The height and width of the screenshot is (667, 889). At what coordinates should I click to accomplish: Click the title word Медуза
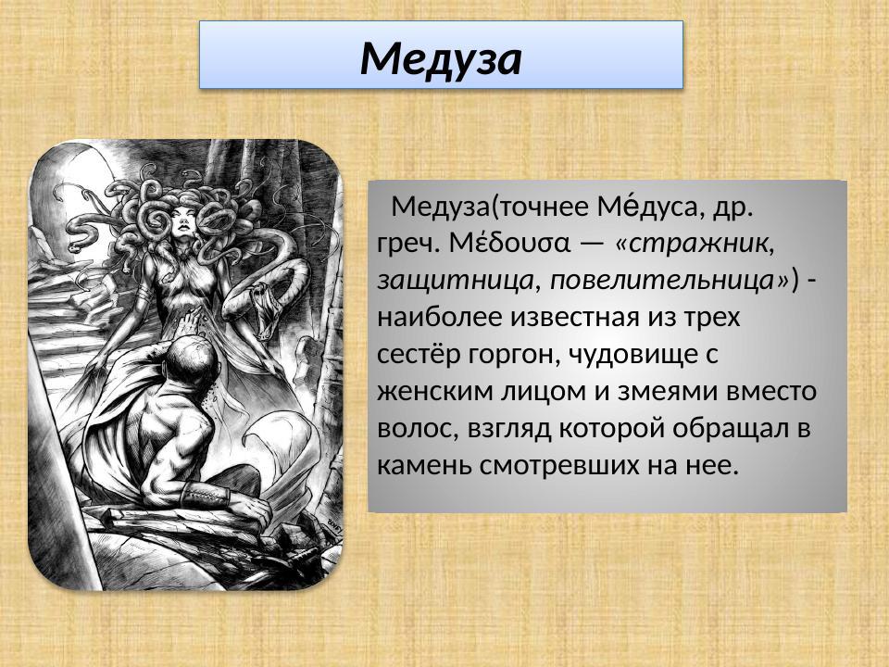pos(442,58)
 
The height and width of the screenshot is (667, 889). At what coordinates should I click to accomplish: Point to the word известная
pos(577,317)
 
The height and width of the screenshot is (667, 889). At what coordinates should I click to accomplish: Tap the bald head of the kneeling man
pos(193,350)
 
